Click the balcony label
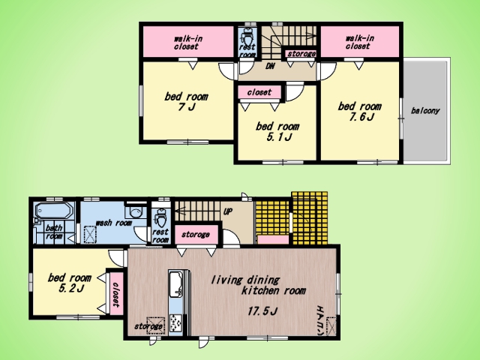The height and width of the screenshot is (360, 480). [x=425, y=111]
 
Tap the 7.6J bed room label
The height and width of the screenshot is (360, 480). [x=360, y=112]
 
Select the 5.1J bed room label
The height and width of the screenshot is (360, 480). [x=277, y=131]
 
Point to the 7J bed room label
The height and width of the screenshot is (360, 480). [x=187, y=102]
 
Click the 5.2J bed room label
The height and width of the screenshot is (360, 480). [x=70, y=283]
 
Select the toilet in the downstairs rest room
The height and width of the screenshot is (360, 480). [x=160, y=217]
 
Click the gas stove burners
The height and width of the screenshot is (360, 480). [x=175, y=324]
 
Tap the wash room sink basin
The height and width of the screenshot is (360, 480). [x=136, y=211]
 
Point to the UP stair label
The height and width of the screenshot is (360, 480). [x=228, y=211]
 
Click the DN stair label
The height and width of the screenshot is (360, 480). [x=270, y=66]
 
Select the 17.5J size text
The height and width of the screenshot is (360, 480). [x=262, y=311]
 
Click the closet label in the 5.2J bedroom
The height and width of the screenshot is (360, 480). [x=115, y=294]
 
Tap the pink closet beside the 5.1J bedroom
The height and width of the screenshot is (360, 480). [x=259, y=92]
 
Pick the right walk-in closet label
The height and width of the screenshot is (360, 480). [x=360, y=42]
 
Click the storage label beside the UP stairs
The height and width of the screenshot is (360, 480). [x=195, y=235]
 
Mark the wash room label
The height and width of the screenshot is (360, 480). [x=113, y=223]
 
